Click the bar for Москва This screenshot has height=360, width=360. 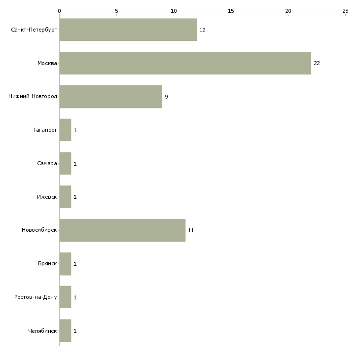tap(185, 63)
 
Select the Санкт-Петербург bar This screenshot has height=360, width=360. tap(128, 30)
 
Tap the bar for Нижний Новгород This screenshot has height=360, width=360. tap(111, 97)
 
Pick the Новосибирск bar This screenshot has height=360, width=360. tap(122, 230)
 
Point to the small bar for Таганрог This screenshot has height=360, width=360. tap(65, 130)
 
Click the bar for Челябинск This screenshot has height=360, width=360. tap(65, 330)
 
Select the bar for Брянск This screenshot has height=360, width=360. tap(65, 264)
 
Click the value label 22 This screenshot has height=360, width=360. tap(317, 63)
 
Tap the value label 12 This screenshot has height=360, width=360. tap(202, 30)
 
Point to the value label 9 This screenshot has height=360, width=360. tap(167, 97)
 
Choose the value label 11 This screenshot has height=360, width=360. tap(191, 230)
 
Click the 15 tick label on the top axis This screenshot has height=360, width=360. tap(231, 11)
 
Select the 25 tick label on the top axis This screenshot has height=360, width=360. tap(345, 11)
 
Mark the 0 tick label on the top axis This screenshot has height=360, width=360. tap(60, 11)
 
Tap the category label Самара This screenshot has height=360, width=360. tap(47, 163)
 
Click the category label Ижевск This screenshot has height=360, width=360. tap(47, 197)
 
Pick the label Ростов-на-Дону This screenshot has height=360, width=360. tap(36, 297)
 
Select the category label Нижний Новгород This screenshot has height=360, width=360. tap(33, 96)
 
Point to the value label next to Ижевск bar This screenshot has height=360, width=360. tap(75, 197)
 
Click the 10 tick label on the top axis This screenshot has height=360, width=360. tap(174, 11)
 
